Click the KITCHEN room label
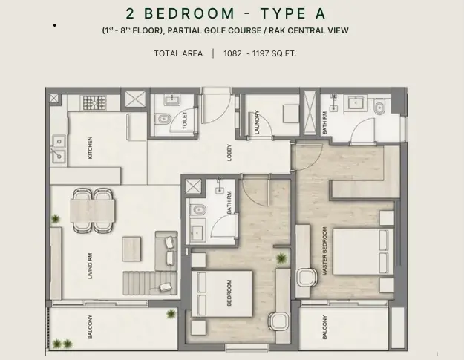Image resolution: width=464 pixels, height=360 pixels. (90, 147)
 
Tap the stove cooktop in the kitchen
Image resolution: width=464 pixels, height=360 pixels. (94, 102)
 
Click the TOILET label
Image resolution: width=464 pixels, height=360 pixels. (185, 120)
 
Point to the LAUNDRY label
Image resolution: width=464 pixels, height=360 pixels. (257, 122)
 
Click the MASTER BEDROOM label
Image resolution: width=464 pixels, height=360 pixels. (324, 251)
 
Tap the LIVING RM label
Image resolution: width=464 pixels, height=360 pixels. (90, 266)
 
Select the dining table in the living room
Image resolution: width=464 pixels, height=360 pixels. (93, 210)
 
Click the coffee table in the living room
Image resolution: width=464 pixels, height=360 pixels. (131, 249)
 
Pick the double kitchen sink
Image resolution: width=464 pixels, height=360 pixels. (59, 149)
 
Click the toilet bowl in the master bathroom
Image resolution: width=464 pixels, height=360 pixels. (379, 107)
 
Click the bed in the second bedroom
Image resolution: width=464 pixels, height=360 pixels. (222, 294)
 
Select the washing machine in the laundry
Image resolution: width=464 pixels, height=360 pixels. (291, 114)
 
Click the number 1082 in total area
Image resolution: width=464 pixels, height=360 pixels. (232, 53)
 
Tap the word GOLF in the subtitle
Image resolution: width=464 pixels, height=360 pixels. (202, 30)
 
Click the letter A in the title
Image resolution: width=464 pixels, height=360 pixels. (320, 13)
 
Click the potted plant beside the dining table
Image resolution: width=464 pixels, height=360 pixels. (56, 219)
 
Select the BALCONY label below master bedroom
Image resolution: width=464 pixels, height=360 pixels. (324, 327)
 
